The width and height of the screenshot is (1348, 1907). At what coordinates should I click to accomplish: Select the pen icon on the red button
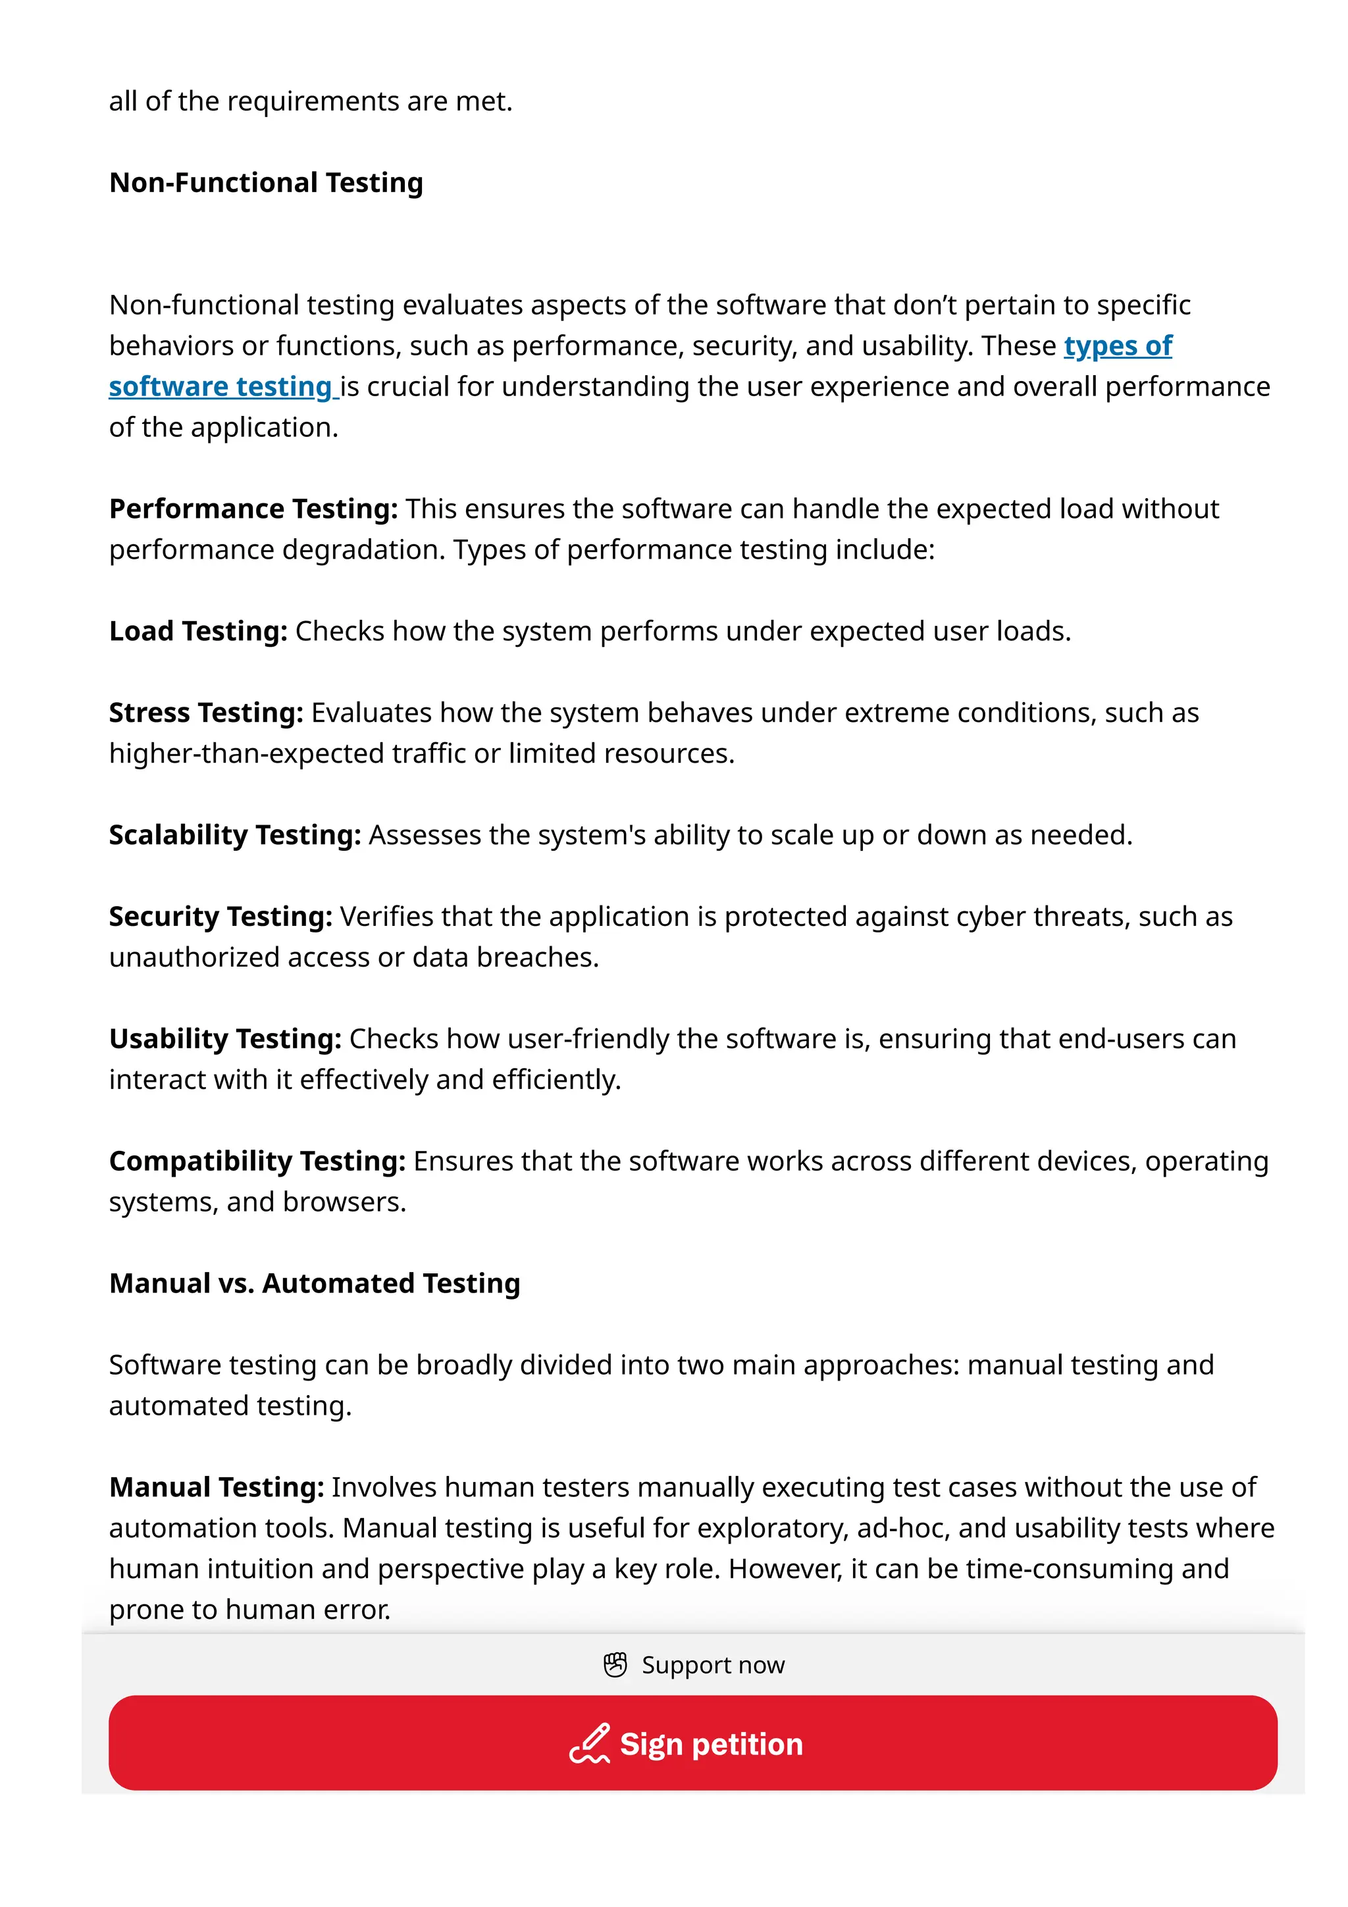point(590,1742)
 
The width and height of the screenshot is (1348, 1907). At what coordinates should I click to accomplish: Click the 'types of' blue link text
point(1117,345)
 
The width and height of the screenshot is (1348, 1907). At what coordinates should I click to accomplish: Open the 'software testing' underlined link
point(221,386)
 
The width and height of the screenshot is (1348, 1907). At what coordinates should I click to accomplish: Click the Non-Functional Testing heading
point(266,183)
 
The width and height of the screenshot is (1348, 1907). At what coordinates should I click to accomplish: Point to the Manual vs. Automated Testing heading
point(314,1283)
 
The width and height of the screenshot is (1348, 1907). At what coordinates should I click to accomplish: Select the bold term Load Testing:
point(197,631)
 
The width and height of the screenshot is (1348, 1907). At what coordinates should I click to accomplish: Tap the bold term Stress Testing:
point(206,713)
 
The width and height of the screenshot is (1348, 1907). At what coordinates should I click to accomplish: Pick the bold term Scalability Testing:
point(235,835)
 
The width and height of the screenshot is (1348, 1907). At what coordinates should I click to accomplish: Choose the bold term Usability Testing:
point(225,1038)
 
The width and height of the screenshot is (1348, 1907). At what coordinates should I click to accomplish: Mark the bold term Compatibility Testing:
point(257,1161)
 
